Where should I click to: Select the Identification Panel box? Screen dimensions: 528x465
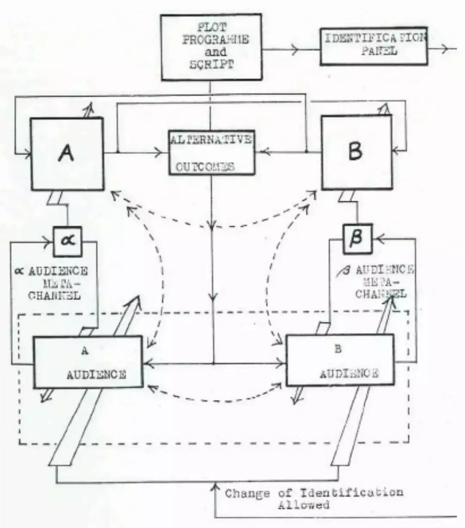(x=373, y=46)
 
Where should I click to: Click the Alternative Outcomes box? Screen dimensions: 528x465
(x=211, y=152)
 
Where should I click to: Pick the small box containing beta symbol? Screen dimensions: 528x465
(x=357, y=237)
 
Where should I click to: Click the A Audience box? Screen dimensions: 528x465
(x=88, y=362)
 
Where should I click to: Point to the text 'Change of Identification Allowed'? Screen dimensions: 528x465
(x=314, y=498)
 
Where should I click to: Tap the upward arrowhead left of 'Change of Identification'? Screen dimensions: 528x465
(x=214, y=488)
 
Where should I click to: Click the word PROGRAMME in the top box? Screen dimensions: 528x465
(x=216, y=40)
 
